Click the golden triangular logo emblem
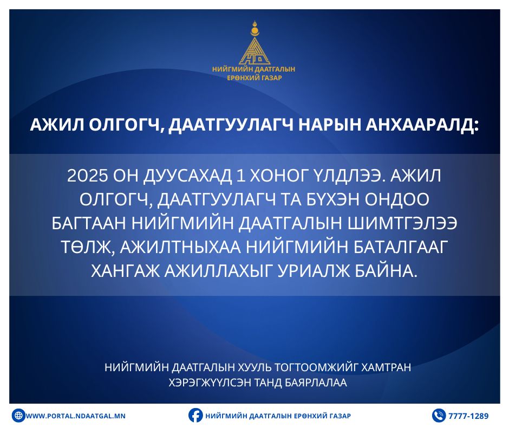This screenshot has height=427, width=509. [255, 43]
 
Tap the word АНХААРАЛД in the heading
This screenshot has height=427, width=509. [422, 125]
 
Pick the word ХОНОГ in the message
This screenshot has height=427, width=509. [279, 176]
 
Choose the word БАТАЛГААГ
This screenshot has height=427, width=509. [401, 247]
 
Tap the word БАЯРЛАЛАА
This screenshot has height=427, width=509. [316, 383]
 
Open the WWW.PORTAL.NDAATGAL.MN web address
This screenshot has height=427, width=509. [75, 416]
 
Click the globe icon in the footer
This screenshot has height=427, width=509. [18, 416]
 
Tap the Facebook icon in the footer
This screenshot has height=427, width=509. [195, 415]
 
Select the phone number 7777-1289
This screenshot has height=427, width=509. [468, 416]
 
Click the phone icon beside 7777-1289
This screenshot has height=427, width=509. [439, 416]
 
